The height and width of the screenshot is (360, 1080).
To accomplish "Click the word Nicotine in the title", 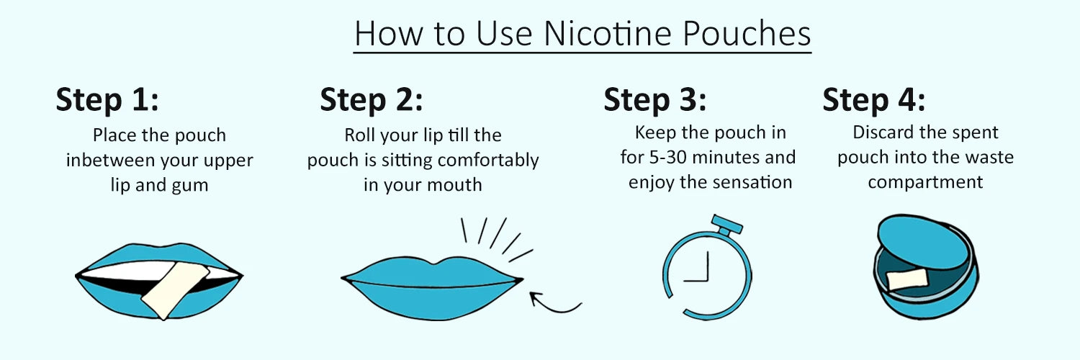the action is (608, 34).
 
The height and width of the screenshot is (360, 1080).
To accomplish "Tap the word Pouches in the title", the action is (747, 34).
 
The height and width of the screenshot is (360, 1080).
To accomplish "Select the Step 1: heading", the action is (107, 100).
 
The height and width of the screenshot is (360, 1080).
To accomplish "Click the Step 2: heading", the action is (372, 100).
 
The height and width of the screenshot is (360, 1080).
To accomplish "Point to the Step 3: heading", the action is (654, 100).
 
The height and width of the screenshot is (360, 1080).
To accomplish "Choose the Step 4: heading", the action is (873, 100).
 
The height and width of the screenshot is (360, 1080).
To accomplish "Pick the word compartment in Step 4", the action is (925, 183).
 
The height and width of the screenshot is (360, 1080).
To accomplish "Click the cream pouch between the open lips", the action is (176, 291).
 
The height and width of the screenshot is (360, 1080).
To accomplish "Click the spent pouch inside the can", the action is (907, 279).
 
